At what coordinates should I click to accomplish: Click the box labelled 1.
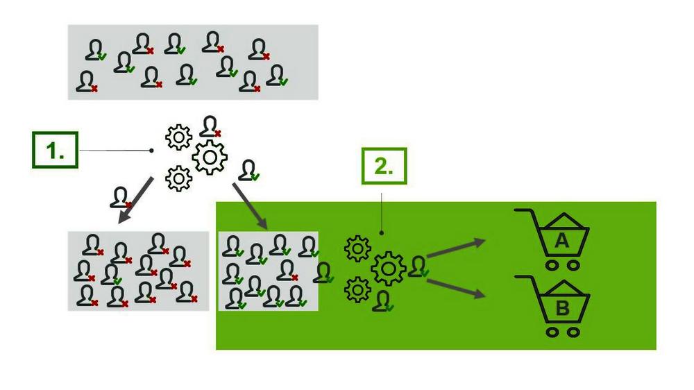(x=55, y=151)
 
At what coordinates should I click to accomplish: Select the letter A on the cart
(x=562, y=241)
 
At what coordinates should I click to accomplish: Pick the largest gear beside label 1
(x=210, y=158)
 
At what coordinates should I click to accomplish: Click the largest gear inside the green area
(x=388, y=268)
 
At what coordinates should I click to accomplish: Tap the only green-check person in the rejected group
(x=111, y=275)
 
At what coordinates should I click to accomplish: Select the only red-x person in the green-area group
(x=287, y=270)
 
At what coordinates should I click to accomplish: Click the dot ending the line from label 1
(x=152, y=151)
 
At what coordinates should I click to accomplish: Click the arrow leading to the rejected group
(x=136, y=201)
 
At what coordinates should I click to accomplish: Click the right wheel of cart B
(x=573, y=332)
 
